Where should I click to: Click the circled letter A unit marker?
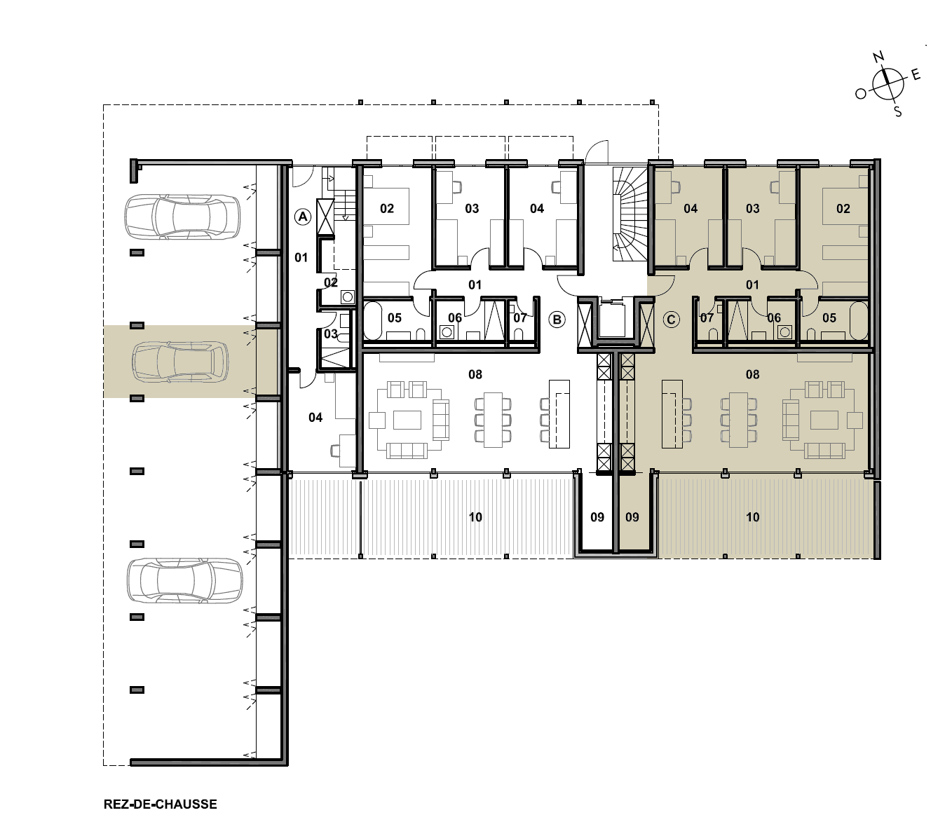[x=303, y=217]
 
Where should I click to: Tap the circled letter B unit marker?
[x=557, y=320]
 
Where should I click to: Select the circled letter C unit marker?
[x=671, y=320]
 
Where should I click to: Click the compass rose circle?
[x=888, y=84]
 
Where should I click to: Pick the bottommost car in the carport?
[x=185, y=580]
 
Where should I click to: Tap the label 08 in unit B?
[x=475, y=374]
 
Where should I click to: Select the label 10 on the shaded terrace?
[x=753, y=517]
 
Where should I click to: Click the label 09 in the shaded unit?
[x=632, y=517]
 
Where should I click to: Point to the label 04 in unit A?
[x=315, y=418]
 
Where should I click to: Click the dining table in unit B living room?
[x=493, y=420]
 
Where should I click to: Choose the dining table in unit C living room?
[x=738, y=420]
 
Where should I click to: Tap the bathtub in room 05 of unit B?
[x=373, y=320]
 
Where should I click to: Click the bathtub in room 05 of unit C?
[x=859, y=320]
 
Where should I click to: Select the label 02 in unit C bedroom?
[x=843, y=209]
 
